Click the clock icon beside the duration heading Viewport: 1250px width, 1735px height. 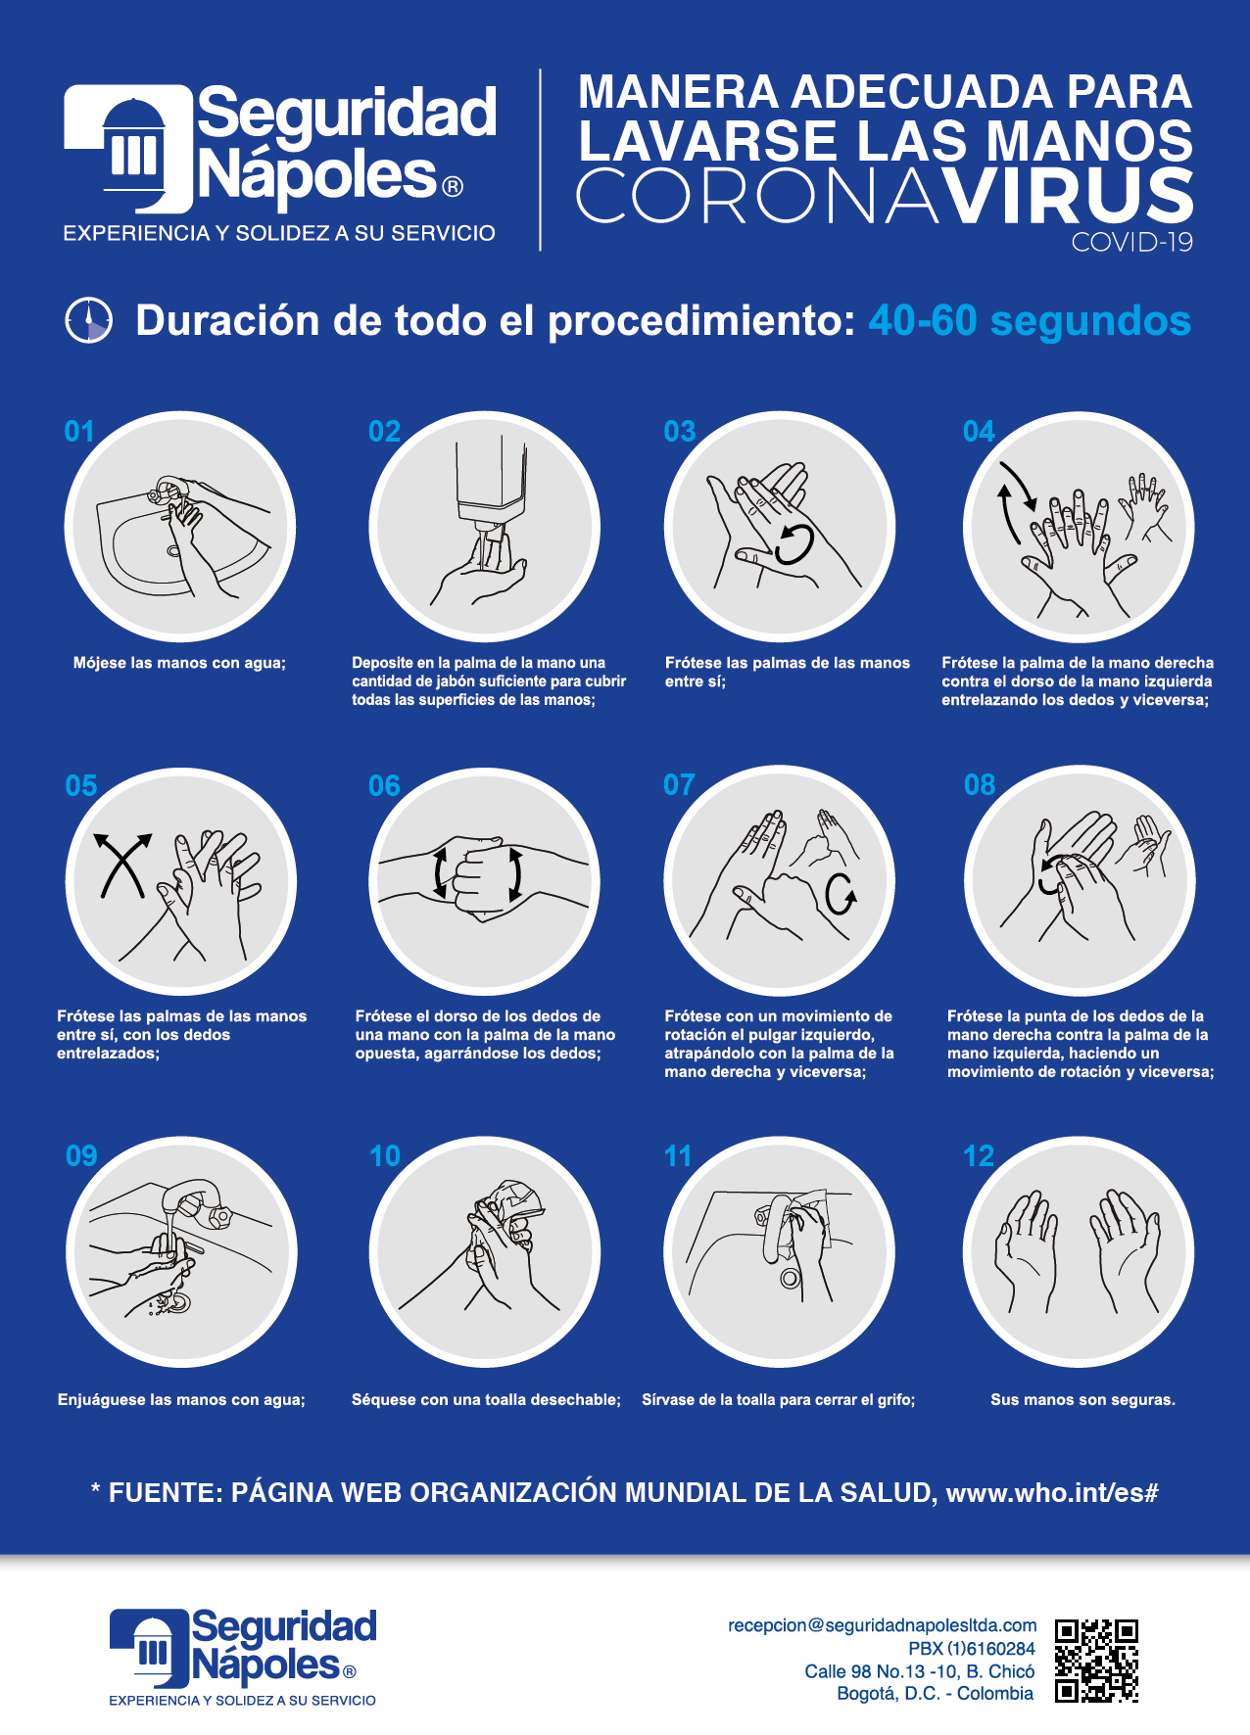[88, 320]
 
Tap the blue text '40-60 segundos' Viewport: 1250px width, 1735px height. [1030, 321]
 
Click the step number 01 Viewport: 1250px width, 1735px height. [79, 432]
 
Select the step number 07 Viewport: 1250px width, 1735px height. [679, 785]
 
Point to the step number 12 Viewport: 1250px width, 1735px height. [979, 1156]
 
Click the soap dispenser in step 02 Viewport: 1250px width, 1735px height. [492, 490]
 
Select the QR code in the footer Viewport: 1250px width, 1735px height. [1096, 1661]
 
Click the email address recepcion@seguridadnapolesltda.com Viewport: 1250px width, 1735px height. [882, 1625]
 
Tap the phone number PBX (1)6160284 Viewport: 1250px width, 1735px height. [971, 1649]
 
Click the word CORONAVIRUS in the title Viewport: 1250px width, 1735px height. [885, 196]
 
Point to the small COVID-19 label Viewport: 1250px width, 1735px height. [1132, 243]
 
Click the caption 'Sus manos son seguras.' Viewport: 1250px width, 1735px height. [1082, 1400]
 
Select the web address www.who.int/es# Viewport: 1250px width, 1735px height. [1052, 1493]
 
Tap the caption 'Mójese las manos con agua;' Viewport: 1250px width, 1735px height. [179, 663]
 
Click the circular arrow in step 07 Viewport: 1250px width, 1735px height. [840, 892]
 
